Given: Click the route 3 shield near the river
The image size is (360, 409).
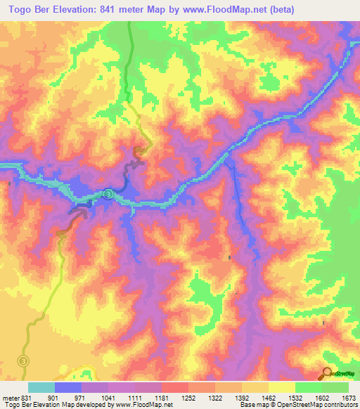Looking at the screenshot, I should (108, 193).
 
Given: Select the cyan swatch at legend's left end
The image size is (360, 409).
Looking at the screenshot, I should (41, 387).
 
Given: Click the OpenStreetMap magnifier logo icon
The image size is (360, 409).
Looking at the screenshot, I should (328, 374).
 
